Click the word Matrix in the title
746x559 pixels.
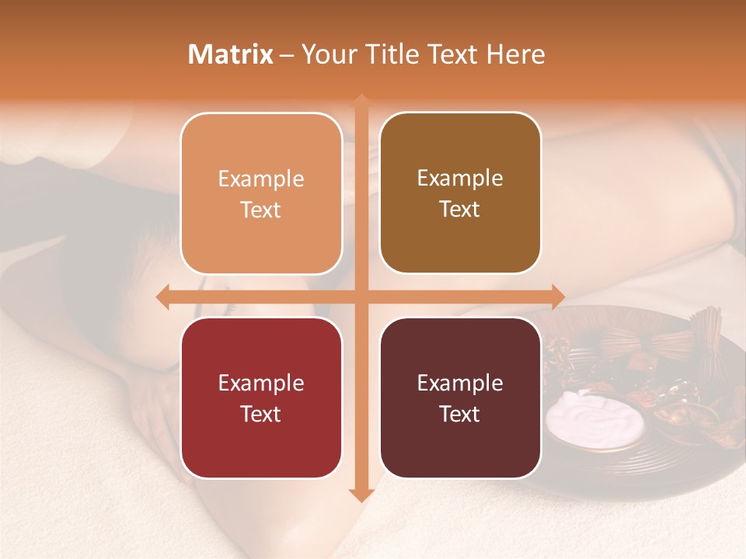pyautogui.click(x=231, y=54)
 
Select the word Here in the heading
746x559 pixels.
pyautogui.click(x=515, y=54)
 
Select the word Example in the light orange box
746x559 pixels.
pyautogui.click(x=261, y=179)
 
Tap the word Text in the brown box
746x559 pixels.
pyautogui.click(x=460, y=210)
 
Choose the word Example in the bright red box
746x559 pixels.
pyautogui.click(x=261, y=384)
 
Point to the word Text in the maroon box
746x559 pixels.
pyautogui.click(x=460, y=414)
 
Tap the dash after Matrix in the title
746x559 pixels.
pyautogui.click(x=287, y=55)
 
